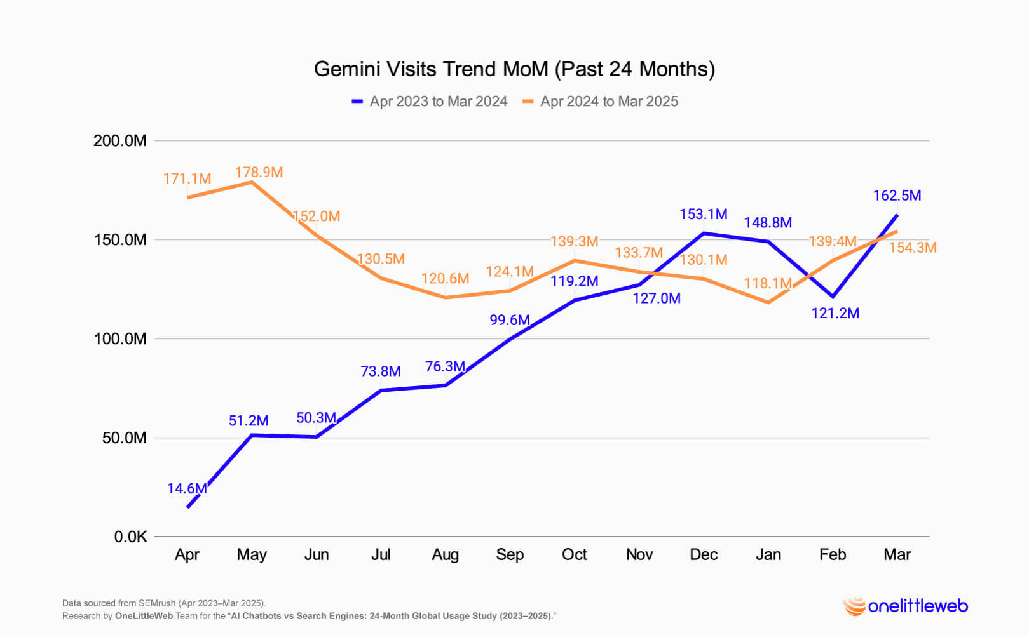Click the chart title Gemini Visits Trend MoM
coord(514,69)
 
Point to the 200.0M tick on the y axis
coord(119,140)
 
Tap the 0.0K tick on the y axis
coord(130,537)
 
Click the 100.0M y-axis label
coord(119,339)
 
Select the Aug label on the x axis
coord(445,554)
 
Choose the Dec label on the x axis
coord(704,554)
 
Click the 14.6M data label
coord(187,488)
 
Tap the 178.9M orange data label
coord(259,172)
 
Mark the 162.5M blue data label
coord(897,196)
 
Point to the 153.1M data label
coord(703,215)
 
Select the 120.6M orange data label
coord(445,279)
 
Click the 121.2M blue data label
coord(835,313)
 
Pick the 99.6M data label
coord(510,320)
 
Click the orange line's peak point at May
coord(252,182)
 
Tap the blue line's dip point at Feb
coord(833,297)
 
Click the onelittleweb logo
coord(905,606)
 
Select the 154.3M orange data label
coord(912,248)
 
